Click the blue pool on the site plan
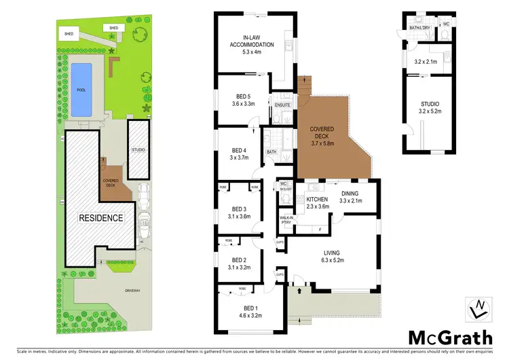81,89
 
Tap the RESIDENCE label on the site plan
102,218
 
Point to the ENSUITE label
282,105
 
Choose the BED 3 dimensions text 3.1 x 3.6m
240,217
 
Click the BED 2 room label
239,259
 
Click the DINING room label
350,194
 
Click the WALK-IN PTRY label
286,220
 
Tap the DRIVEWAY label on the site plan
133,291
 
